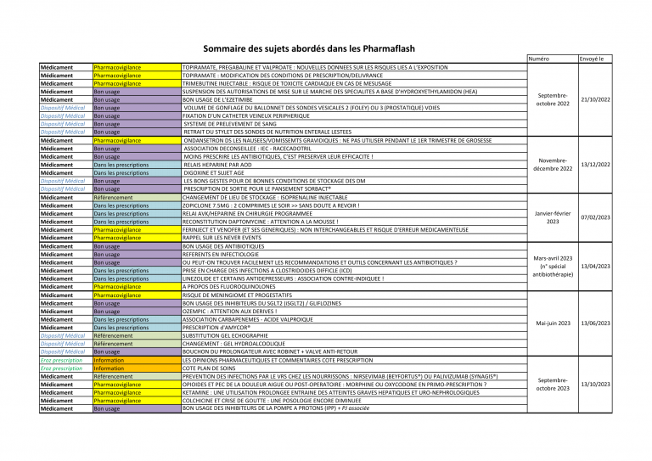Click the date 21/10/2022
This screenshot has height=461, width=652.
point(595,99)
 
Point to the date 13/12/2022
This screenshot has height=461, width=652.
point(595,164)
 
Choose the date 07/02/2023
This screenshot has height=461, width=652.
point(595,217)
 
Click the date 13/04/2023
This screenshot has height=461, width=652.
point(595,267)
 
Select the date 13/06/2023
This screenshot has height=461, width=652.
point(595,323)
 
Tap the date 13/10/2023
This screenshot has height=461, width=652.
point(595,384)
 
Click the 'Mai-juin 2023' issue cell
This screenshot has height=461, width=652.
point(553,323)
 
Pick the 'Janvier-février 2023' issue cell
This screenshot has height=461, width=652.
point(553,217)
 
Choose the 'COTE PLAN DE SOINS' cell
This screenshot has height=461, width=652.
point(209,368)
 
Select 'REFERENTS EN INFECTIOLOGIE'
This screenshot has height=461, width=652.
point(220,254)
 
